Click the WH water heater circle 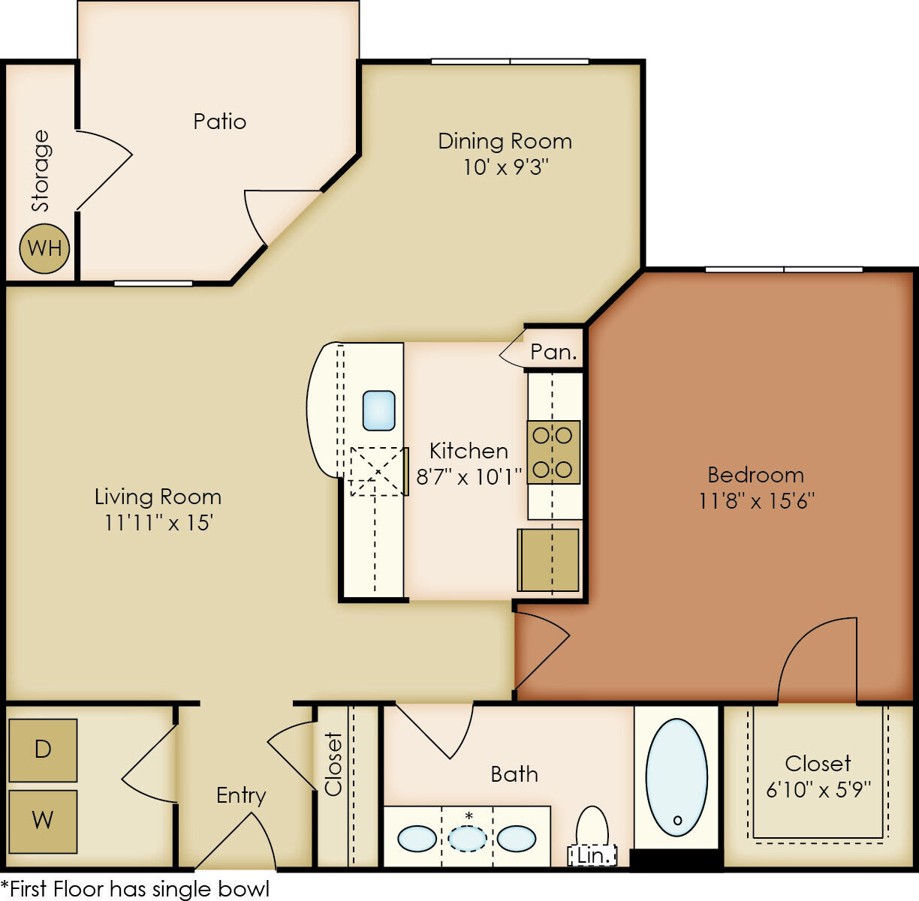click(44, 248)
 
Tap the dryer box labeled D click(43, 749)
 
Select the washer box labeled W click(43, 821)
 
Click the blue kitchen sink click(379, 410)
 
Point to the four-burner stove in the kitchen click(553, 452)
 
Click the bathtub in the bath click(676, 777)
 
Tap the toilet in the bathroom click(592, 827)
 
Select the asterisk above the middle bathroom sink click(469, 815)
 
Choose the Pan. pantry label click(554, 352)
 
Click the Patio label click(219, 122)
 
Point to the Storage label click(41, 171)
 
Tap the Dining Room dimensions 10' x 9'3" click(505, 167)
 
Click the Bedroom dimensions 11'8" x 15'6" click(756, 500)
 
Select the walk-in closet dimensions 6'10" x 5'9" click(818, 789)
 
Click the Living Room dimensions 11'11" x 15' click(158, 522)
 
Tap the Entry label click(241, 795)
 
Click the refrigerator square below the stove click(548, 560)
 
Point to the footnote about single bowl click(135, 889)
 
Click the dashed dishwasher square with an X click(377, 471)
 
